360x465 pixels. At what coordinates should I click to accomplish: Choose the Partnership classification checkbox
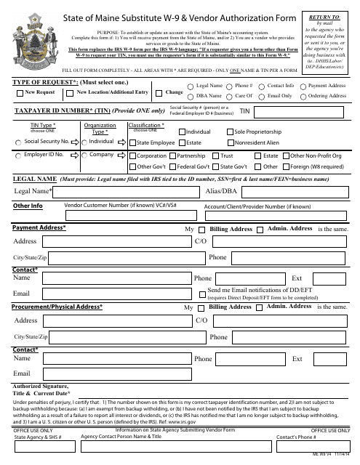172,156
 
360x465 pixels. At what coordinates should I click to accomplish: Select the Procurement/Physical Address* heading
57,307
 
